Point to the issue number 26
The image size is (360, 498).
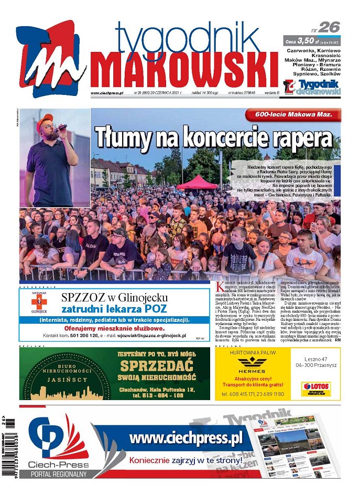coord(329,27)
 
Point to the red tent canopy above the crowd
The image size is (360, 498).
coord(197,181)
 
